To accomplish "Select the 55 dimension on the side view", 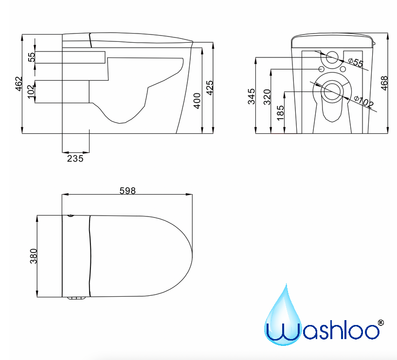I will (x=32, y=57).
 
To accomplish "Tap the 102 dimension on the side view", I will (x=32, y=91).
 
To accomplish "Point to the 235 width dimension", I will (x=75, y=158).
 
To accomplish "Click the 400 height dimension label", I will (x=197, y=101).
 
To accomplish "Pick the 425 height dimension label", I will (x=210, y=88).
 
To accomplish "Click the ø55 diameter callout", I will (x=356, y=62).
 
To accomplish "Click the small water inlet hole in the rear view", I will (x=333, y=58).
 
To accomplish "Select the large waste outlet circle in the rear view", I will (x=333, y=90).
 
